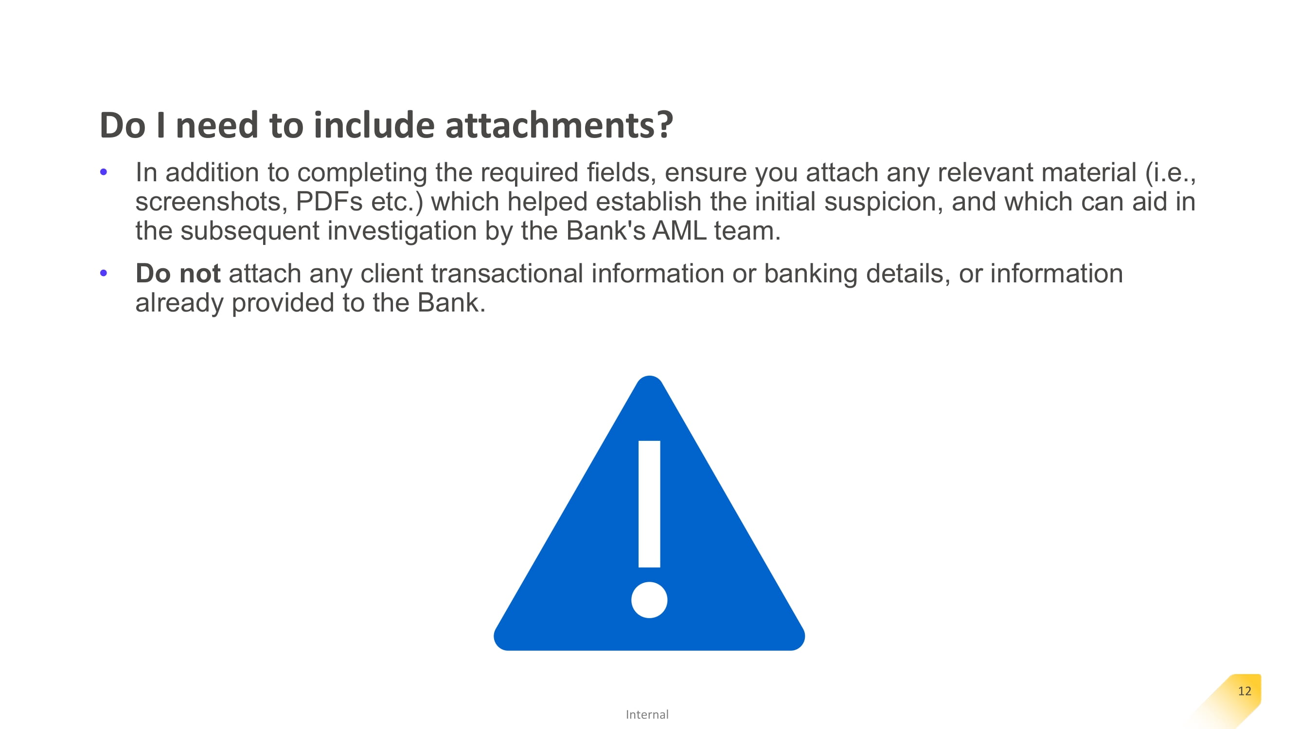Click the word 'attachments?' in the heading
pos(559,125)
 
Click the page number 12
pos(1244,691)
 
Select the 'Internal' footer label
pos(647,714)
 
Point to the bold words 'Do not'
pos(178,273)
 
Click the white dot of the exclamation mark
pos(649,600)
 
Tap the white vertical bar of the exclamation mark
pos(649,503)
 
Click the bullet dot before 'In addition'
pos(104,172)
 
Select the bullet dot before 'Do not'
pos(104,273)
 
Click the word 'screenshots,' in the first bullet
pos(212,202)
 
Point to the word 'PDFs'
pos(329,202)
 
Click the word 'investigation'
pos(402,231)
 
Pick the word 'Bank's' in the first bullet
pos(605,231)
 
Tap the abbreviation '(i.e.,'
pos(1170,173)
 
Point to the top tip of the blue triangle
pos(650,376)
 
